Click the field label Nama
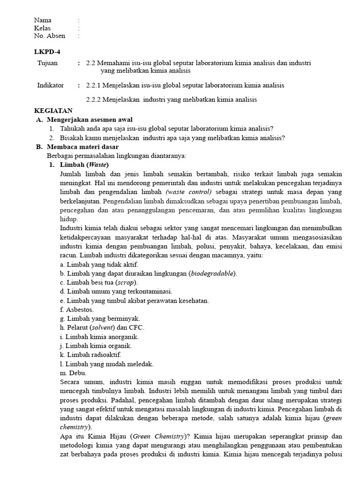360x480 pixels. point(43,20)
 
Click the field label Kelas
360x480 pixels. point(42,28)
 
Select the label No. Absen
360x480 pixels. point(50,36)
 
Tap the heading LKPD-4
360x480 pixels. point(47,52)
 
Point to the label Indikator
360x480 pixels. point(50,85)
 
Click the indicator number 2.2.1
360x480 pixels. point(95,85)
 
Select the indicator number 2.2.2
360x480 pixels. point(95,99)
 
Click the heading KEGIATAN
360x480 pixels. point(53,111)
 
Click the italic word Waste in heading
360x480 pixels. point(97,165)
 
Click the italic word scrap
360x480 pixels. point(125,282)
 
